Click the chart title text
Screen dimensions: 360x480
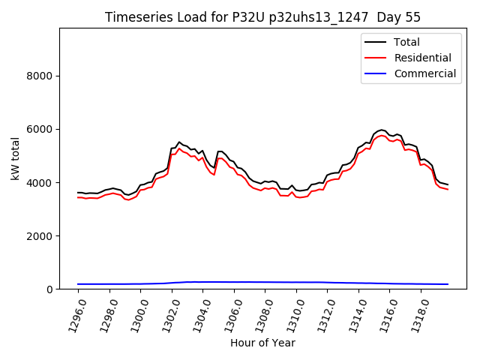pyautogui.click(x=262, y=17)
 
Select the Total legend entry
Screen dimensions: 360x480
pyautogui.click(x=406, y=42)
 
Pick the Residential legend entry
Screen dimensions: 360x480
pyautogui.click(x=422, y=58)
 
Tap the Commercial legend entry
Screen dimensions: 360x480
pyautogui.click(x=424, y=73)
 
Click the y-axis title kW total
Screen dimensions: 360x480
pyautogui.click(x=16, y=158)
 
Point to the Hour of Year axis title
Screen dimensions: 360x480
pyautogui.click(x=262, y=343)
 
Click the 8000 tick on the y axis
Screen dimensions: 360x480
pyautogui.click(x=40, y=76)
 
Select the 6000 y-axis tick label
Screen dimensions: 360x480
pyautogui.click(x=40, y=129)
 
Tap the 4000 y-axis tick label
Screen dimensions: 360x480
pyautogui.click(x=40, y=182)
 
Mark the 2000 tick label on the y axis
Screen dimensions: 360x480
pyautogui.click(x=40, y=235)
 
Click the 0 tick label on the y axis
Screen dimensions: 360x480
pyautogui.click(x=49, y=289)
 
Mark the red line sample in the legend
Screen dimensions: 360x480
pyautogui.click(x=376, y=58)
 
